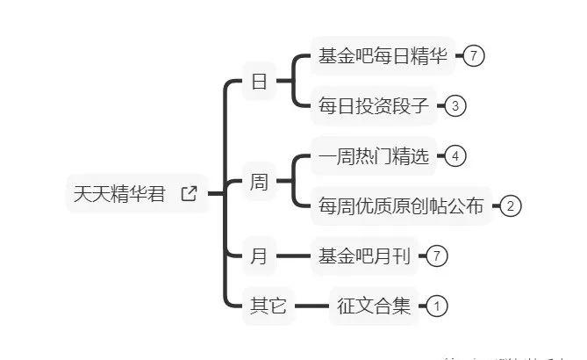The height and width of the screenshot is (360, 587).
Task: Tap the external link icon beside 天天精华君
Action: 189,194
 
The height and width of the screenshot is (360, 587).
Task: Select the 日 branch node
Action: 259,83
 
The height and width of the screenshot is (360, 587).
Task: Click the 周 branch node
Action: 259,183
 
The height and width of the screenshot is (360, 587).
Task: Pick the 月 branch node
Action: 259,257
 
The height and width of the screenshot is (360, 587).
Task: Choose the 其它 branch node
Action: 268,306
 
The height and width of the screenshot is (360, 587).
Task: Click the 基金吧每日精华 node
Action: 383,57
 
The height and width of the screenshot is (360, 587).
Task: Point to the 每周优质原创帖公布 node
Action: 402,207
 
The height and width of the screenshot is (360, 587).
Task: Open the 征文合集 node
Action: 374,306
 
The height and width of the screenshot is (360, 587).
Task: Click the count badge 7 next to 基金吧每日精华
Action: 474,56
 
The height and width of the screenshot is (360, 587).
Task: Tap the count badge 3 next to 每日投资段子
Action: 455,107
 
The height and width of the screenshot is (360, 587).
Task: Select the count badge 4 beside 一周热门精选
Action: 455,157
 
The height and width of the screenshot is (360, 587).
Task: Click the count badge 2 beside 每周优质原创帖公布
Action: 511,207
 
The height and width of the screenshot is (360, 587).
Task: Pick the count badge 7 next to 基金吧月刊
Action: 438,257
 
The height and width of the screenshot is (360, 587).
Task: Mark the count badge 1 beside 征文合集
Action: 437,306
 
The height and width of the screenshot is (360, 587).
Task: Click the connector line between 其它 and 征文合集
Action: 311,306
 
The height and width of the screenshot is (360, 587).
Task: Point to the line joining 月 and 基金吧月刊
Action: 292,257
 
